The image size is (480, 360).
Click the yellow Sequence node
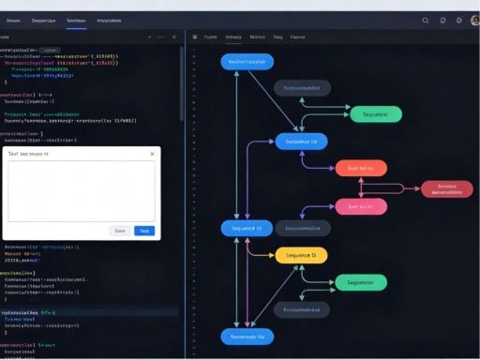tap(301, 255)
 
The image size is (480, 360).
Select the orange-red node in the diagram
tap(361, 169)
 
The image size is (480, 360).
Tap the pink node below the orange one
tap(361, 206)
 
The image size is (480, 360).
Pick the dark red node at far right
tap(446, 188)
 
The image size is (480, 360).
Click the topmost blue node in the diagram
tap(247, 62)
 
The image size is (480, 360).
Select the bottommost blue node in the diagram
tap(247, 336)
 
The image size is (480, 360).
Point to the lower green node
tap(361, 282)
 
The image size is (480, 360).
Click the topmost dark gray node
tap(302, 88)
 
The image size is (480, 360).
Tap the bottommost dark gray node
tap(302, 307)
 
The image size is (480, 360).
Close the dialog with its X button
tap(152, 154)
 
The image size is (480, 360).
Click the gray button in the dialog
tap(119, 231)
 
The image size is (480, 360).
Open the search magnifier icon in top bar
tap(426, 20)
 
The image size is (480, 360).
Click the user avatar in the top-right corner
tap(474, 20)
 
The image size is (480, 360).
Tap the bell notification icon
tap(458, 20)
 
